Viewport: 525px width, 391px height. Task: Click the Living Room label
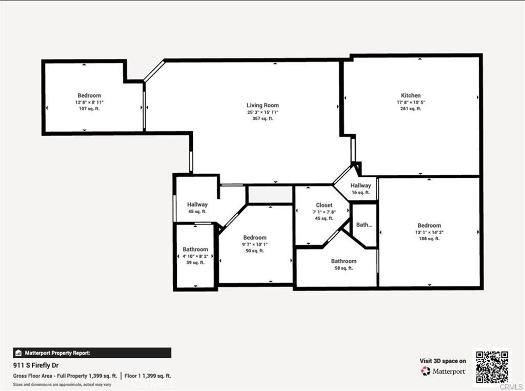(262, 105)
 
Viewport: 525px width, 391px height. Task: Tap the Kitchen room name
(411, 95)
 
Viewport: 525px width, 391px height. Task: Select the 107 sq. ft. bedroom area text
(89, 109)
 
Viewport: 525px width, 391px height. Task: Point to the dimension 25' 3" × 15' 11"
(262, 112)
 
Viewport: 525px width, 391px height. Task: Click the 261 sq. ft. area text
(411, 109)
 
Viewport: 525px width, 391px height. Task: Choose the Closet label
(324, 205)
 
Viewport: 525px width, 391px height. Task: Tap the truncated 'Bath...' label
(364, 224)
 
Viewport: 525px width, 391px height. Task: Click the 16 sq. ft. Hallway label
(361, 186)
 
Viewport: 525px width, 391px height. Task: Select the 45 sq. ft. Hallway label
(197, 204)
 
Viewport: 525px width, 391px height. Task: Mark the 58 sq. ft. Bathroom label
(344, 261)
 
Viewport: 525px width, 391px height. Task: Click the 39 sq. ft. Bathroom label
(195, 250)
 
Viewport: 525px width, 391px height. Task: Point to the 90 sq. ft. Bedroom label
(255, 238)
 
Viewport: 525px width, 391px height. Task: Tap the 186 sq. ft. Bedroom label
(429, 225)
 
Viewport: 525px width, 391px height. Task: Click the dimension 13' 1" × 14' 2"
(429, 232)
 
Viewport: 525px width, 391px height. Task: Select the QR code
(492, 366)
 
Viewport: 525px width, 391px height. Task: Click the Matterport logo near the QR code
(443, 371)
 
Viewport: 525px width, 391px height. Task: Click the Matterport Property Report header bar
(92, 353)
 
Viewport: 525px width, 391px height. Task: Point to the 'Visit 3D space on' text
(443, 361)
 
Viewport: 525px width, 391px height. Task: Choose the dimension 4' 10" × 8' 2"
(195, 256)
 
